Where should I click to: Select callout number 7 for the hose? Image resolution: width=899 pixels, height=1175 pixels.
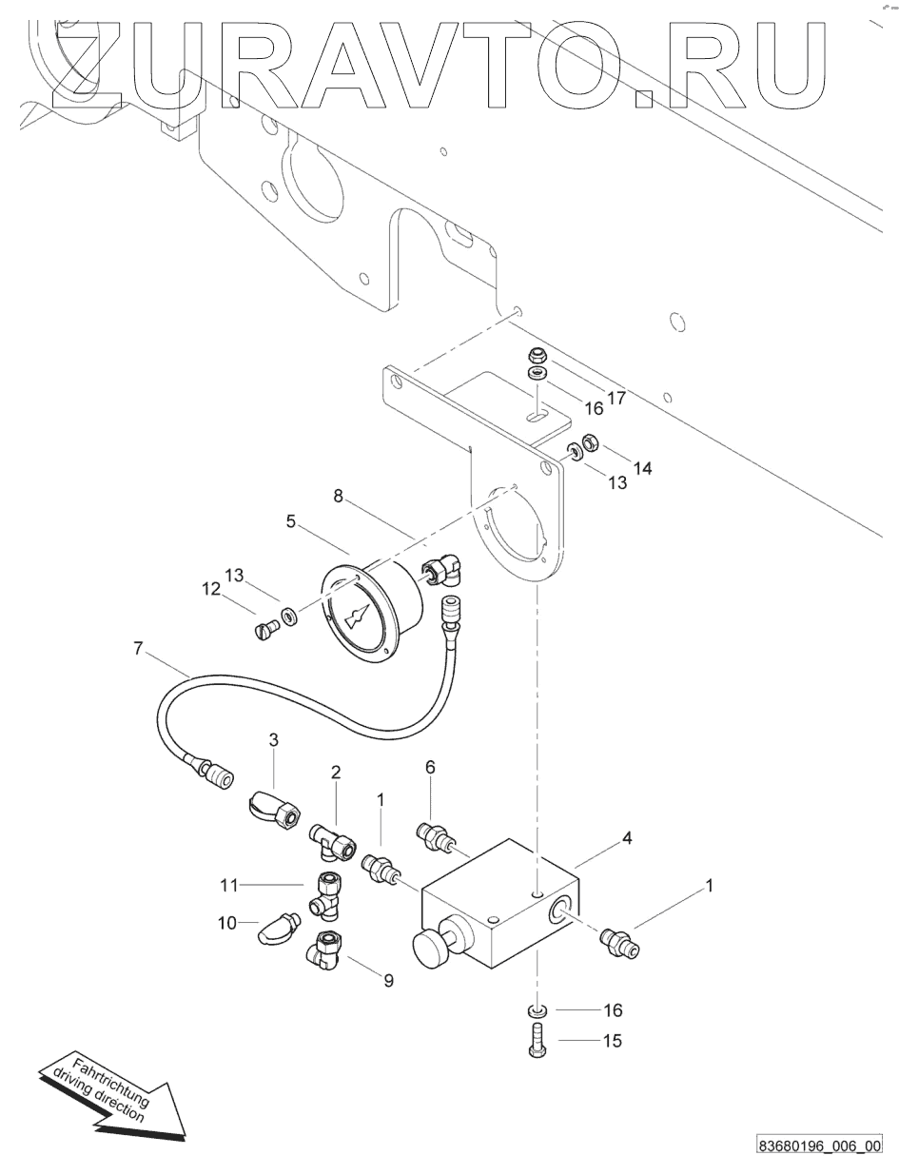click(138, 648)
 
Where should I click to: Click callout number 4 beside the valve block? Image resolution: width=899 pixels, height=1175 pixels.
click(627, 838)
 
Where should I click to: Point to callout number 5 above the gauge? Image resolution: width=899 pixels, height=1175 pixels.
click(290, 520)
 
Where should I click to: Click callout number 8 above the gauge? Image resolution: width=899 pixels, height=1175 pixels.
click(339, 497)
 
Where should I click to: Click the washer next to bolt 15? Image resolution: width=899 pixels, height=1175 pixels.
click(537, 1010)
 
